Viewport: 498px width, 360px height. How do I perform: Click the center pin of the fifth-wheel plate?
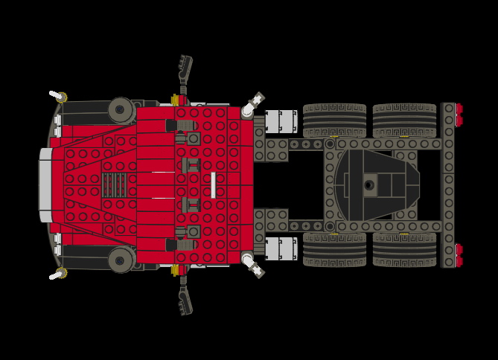368,185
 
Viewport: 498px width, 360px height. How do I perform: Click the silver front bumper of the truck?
45,184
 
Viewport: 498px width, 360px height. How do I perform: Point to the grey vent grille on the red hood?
114,184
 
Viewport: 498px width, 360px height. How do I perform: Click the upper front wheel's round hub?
120,110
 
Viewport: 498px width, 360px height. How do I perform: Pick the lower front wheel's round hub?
120,260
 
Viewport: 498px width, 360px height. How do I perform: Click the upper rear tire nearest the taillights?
404,120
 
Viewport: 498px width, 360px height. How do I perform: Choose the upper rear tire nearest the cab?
334,120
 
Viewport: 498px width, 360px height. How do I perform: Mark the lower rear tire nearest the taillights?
404,250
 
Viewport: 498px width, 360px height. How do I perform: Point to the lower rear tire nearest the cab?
334,250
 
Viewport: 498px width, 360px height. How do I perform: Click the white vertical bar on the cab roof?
213,185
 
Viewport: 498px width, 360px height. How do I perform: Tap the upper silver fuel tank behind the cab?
281,121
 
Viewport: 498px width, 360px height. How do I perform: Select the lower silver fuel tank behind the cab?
281,248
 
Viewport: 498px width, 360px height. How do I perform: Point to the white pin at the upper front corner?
56,95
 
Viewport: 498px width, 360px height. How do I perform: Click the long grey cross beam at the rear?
448,185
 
